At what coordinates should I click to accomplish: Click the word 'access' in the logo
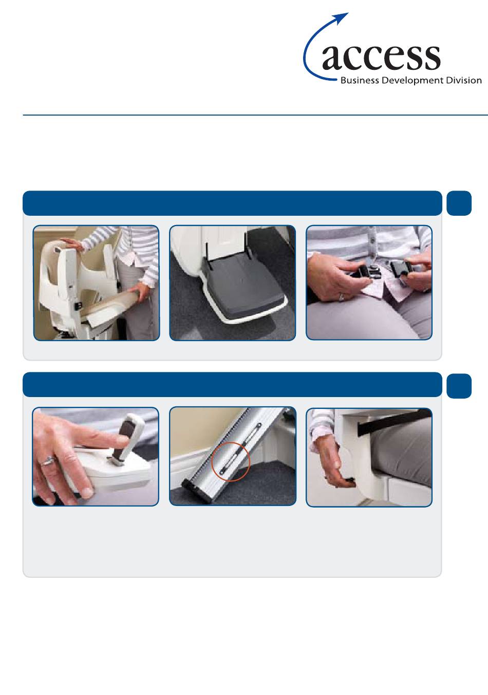point(381,58)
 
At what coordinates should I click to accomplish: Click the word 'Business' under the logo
point(360,80)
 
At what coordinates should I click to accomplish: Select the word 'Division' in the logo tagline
point(463,80)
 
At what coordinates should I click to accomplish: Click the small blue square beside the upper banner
point(459,203)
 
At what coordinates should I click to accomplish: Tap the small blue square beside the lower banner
point(459,386)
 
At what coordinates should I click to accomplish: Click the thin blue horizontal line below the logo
point(255,116)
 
